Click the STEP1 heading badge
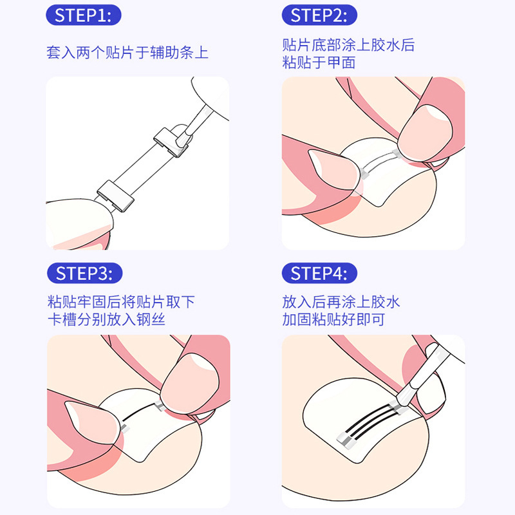point(84,16)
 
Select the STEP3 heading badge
point(84,273)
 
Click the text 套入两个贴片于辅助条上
point(127,52)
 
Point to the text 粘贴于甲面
point(319,63)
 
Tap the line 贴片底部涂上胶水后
point(348,45)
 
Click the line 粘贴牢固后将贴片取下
point(122,302)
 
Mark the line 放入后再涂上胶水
point(341,302)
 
